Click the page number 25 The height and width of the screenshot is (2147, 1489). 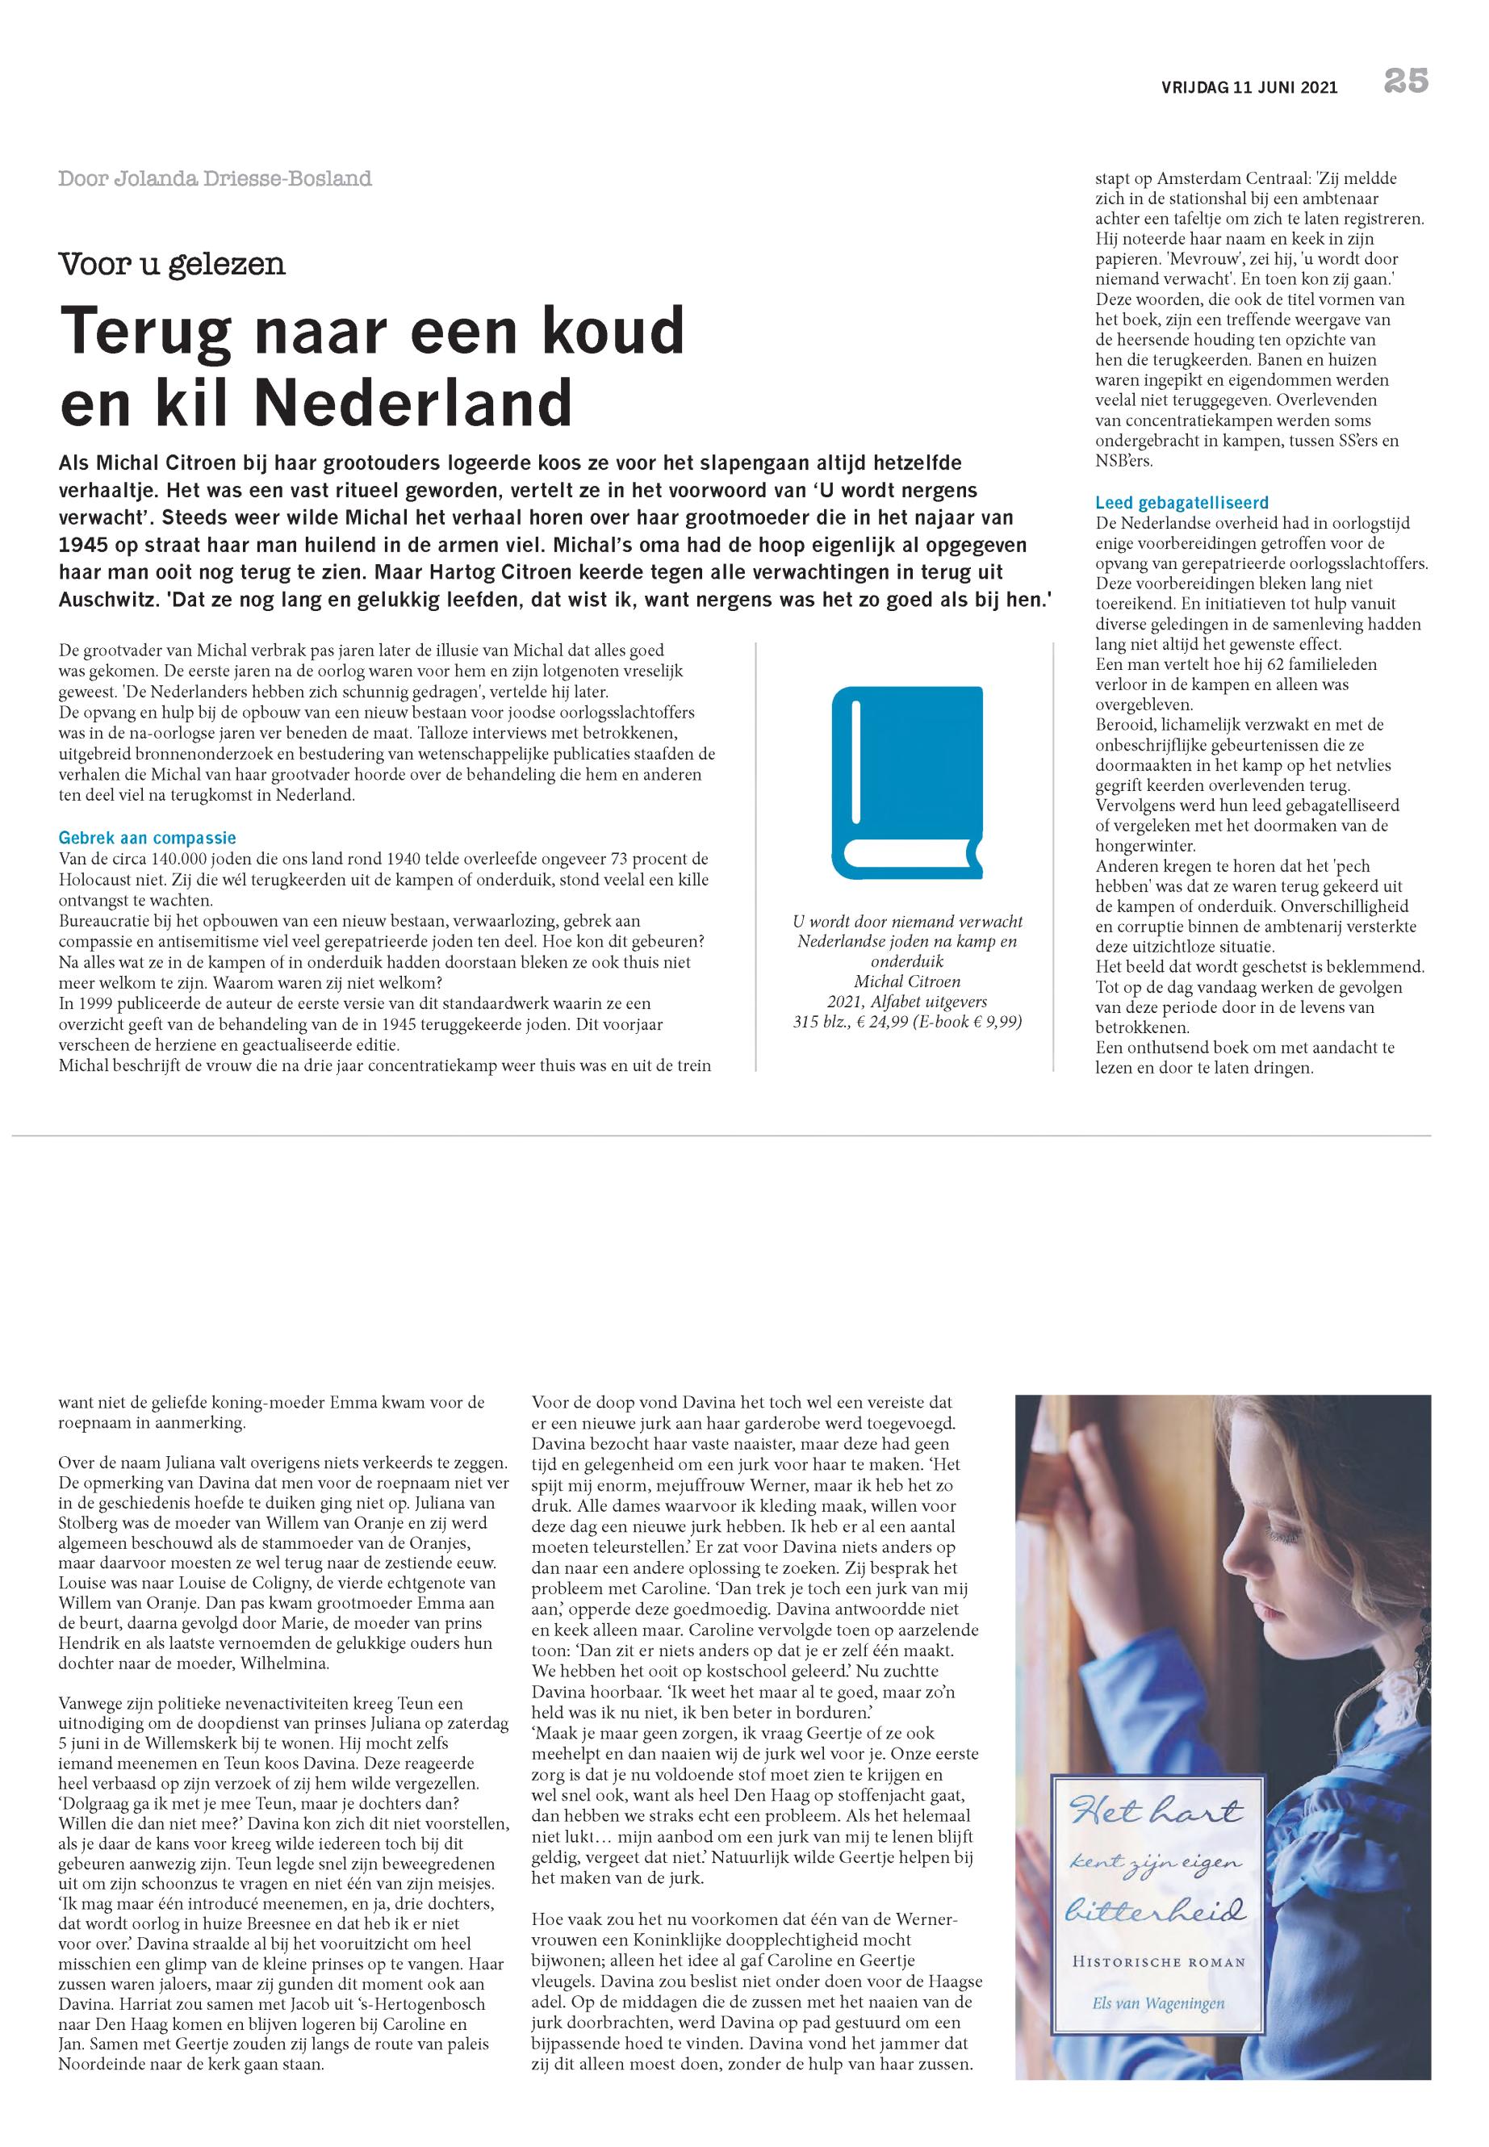[x=1406, y=82]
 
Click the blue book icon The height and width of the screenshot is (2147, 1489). [x=908, y=782]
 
